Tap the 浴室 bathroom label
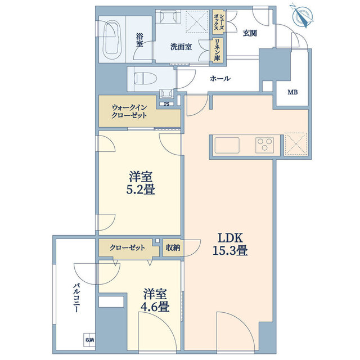[x=139, y=39]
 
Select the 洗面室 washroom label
[x=181, y=47]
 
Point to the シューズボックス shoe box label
[x=217, y=24]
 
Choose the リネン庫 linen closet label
[x=217, y=50]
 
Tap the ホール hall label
[x=220, y=79]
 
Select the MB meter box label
[x=294, y=93]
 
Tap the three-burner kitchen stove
[x=264, y=144]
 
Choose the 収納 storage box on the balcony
[x=90, y=340]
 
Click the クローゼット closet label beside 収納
[x=130, y=247]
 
